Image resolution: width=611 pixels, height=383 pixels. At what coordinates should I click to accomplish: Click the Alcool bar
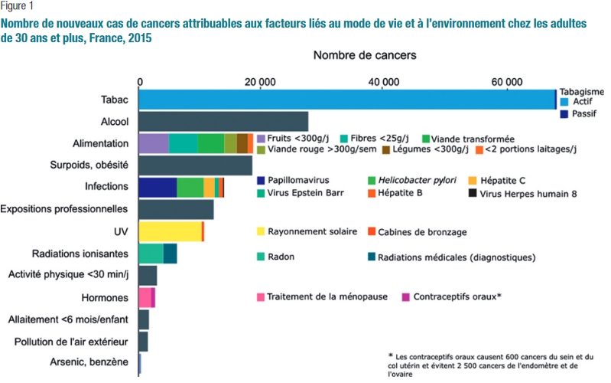[223, 122]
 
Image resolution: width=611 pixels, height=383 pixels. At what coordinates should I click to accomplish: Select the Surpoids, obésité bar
[196, 165]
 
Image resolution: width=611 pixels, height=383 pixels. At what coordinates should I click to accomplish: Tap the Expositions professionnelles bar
[176, 209]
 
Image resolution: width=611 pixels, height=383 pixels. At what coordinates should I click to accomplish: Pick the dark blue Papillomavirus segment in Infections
[158, 188]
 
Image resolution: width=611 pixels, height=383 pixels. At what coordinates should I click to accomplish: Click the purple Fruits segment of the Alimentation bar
[154, 143]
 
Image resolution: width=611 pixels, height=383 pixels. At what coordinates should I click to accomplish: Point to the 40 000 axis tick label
[383, 82]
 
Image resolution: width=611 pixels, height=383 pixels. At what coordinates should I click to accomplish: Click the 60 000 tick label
[505, 82]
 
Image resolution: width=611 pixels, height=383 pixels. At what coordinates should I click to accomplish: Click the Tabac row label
[114, 100]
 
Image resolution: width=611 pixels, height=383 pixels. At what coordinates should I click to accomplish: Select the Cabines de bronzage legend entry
[417, 231]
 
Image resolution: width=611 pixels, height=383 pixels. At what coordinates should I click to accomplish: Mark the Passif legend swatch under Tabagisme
[564, 113]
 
